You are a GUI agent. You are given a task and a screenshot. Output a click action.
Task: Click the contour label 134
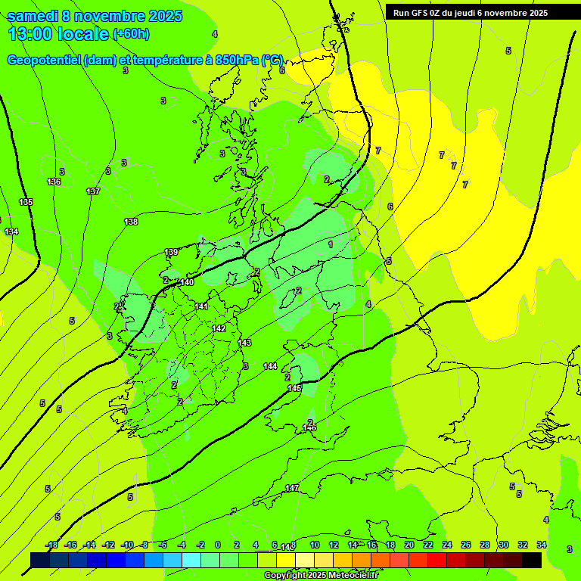click(x=11, y=231)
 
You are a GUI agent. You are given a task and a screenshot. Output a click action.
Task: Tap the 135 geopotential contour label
click(x=26, y=202)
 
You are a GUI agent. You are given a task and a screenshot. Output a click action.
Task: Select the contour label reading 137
click(x=93, y=191)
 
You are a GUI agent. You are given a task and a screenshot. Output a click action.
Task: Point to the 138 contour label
click(x=131, y=222)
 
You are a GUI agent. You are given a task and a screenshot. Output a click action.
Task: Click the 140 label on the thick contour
click(x=187, y=282)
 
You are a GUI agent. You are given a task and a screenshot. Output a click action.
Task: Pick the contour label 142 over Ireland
click(x=219, y=328)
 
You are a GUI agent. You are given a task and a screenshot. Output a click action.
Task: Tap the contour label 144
click(x=270, y=366)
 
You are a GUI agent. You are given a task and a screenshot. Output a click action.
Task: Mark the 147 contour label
click(x=292, y=488)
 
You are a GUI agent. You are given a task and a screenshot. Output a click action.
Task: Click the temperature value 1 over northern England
click(x=331, y=244)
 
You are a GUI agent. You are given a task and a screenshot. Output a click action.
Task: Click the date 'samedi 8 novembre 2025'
click(x=95, y=16)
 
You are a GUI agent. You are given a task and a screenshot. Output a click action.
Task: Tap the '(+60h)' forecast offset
click(x=131, y=34)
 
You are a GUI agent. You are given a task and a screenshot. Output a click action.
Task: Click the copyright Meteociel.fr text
click(x=321, y=575)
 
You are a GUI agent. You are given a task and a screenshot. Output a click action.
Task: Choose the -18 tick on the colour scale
click(x=52, y=545)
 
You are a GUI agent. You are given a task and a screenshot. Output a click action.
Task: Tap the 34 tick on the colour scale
click(x=542, y=545)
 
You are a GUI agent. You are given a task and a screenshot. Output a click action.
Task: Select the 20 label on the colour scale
click(x=409, y=545)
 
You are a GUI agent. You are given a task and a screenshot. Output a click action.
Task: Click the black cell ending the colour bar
click(x=532, y=560)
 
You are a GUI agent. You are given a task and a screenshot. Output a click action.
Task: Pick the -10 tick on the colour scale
click(x=128, y=545)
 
